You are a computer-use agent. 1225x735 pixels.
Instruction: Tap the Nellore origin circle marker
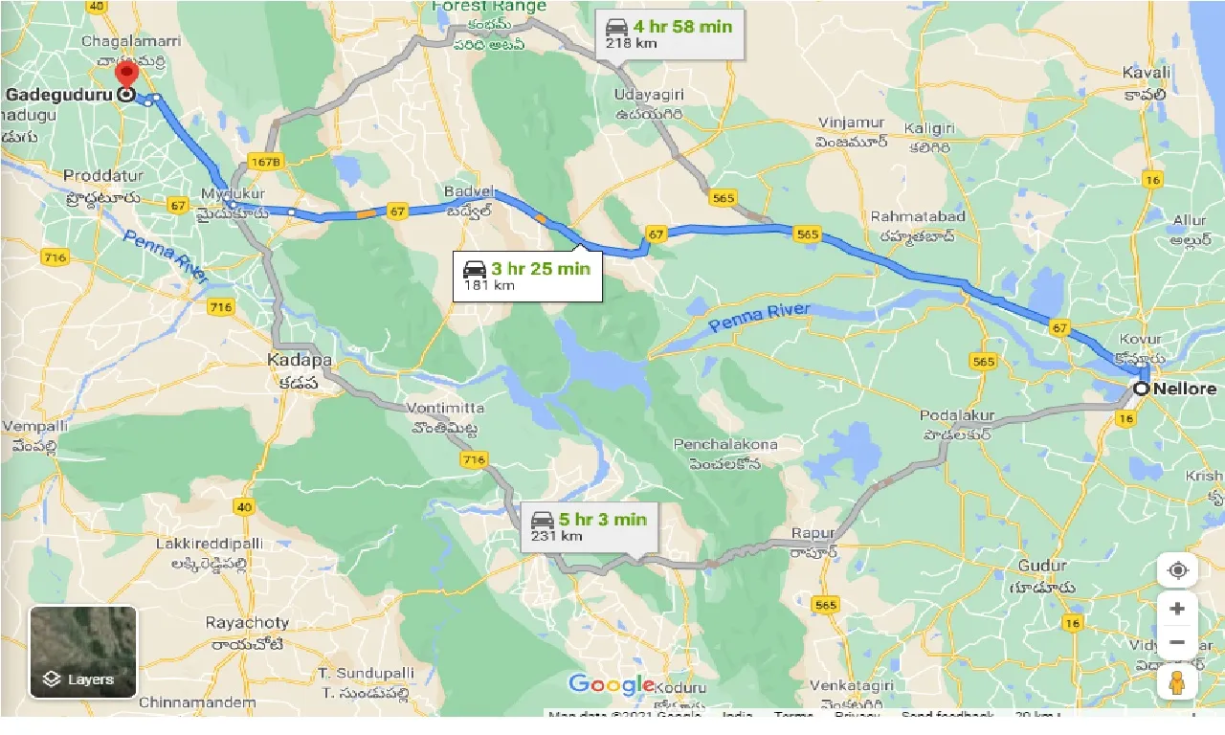click(1141, 389)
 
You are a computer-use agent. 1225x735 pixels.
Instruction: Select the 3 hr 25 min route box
click(527, 276)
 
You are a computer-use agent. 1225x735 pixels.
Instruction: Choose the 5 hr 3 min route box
click(590, 526)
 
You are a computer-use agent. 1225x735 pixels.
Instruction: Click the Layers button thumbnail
click(83, 652)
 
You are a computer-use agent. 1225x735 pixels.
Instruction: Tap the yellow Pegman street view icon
click(1177, 681)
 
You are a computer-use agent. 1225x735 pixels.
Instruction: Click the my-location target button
click(1177, 570)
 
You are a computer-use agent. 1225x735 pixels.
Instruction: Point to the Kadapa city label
click(300, 361)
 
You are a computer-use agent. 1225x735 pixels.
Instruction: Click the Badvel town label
click(466, 191)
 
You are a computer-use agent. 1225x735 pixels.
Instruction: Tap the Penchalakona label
click(724, 445)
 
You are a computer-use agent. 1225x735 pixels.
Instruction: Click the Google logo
click(611, 684)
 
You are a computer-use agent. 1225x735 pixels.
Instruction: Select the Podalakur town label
click(957, 415)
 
